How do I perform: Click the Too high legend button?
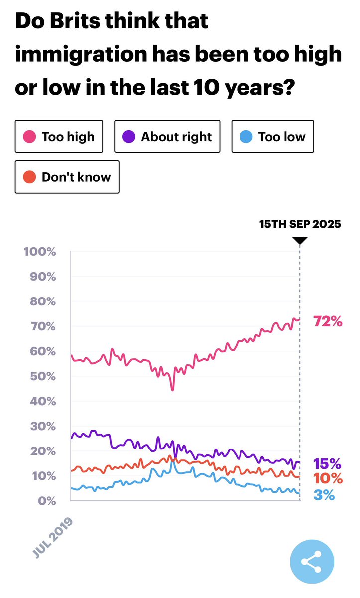pos(59,137)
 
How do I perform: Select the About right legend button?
pos(167,137)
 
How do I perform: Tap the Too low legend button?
pos(272,137)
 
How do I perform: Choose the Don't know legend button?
pos(67,177)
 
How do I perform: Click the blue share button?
pos(312,562)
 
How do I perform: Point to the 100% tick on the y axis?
pos(40,252)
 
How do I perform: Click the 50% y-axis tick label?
pos(43,376)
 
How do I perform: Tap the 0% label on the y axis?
pos(47,501)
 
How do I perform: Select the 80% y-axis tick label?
pos(43,301)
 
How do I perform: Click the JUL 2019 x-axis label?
pos(53,538)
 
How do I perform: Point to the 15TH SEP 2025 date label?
pos(300,224)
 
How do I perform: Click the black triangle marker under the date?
pos(300,240)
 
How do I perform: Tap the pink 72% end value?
pos(328,321)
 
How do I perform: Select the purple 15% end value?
pos(327,464)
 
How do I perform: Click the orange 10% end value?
pos(328,478)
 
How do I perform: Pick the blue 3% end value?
pos(324,495)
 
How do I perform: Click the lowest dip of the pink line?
pos(173,390)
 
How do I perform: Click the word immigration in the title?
pos(81,54)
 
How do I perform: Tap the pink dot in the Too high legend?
pos(29,137)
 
